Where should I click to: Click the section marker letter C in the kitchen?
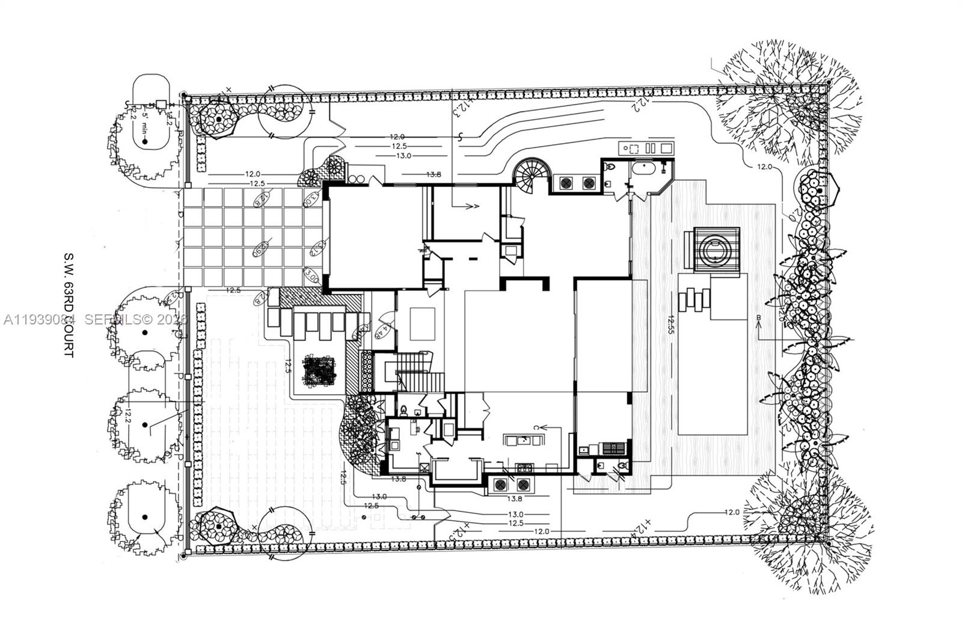coord(535,427)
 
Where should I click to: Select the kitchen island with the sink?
coord(524,440)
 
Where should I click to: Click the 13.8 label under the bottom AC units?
coord(514,499)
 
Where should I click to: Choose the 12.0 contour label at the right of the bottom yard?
coord(731,512)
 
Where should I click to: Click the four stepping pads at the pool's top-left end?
coord(693,297)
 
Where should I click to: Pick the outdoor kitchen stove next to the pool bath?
coord(614,448)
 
